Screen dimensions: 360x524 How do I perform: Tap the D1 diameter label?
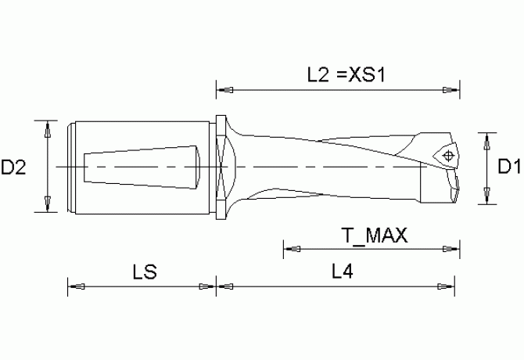pyautogui.click(x=509, y=167)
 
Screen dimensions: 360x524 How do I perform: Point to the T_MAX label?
pyautogui.click(x=375, y=236)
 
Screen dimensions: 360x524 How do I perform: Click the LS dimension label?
pyautogui.click(x=145, y=272)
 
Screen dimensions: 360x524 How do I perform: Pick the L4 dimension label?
pyautogui.click(x=341, y=272)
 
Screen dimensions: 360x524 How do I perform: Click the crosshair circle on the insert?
pyautogui.click(x=447, y=157)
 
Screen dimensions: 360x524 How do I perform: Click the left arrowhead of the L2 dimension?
pyautogui.click(x=222, y=91)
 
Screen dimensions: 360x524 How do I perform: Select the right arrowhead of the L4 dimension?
pyautogui.click(x=447, y=286)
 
